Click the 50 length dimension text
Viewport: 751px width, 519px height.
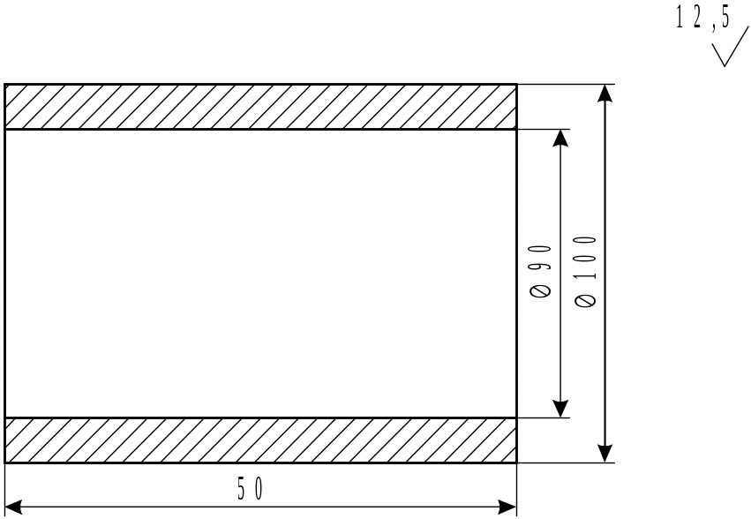click(x=250, y=488)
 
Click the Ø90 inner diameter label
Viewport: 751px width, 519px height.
click(x=541, y=270)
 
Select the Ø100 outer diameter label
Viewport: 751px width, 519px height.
click(x=585, y=271)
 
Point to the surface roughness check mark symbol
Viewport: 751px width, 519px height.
click(x=730, y=51)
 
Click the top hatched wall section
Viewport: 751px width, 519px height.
click(x=260, y=107)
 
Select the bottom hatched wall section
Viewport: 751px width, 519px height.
click(x=260, y=440)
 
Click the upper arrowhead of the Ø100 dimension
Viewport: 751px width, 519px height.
click(x=605, y=94)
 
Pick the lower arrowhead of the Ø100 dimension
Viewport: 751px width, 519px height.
click(x=605, y=453)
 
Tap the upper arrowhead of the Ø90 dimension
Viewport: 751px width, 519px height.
click(x=559, y=139)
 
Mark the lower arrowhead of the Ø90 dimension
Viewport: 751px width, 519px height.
click(x=559, y=408)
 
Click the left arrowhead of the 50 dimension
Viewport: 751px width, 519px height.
click(x=14, y=507)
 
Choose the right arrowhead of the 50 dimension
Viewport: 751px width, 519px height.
click(x=507, y=507)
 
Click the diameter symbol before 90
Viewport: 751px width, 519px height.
click(x=541, y=290)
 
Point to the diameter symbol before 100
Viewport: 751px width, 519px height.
click(x=585, y=299)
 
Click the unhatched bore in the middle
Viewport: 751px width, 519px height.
click(x=260, y=274)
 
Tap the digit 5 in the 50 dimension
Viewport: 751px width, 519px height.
click(x=241, y=488)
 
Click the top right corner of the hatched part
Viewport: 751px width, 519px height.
click(x=516, y=85)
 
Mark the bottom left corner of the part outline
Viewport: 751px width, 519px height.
click(x=5, y=463)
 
